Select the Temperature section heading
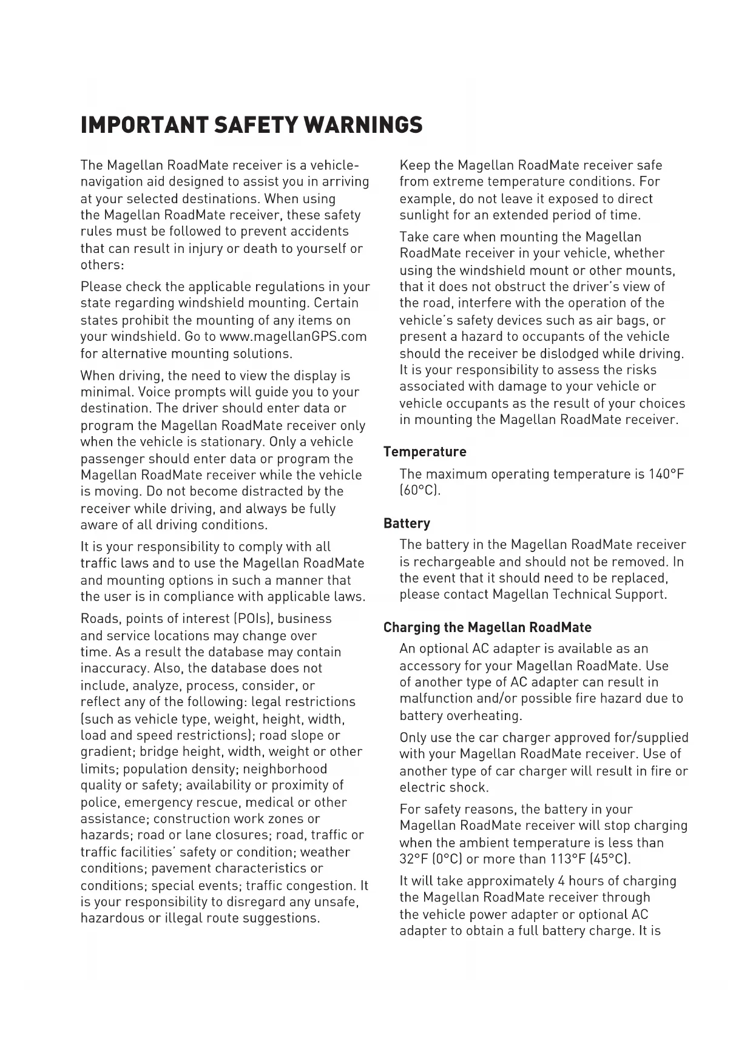click(425, 452)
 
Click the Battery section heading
click(407, 523)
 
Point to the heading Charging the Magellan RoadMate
click(487, 627)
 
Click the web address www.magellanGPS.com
click(293, 336)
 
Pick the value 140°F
click(666, 474)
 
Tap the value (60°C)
click(420, 490)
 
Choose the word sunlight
click(424, 215)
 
